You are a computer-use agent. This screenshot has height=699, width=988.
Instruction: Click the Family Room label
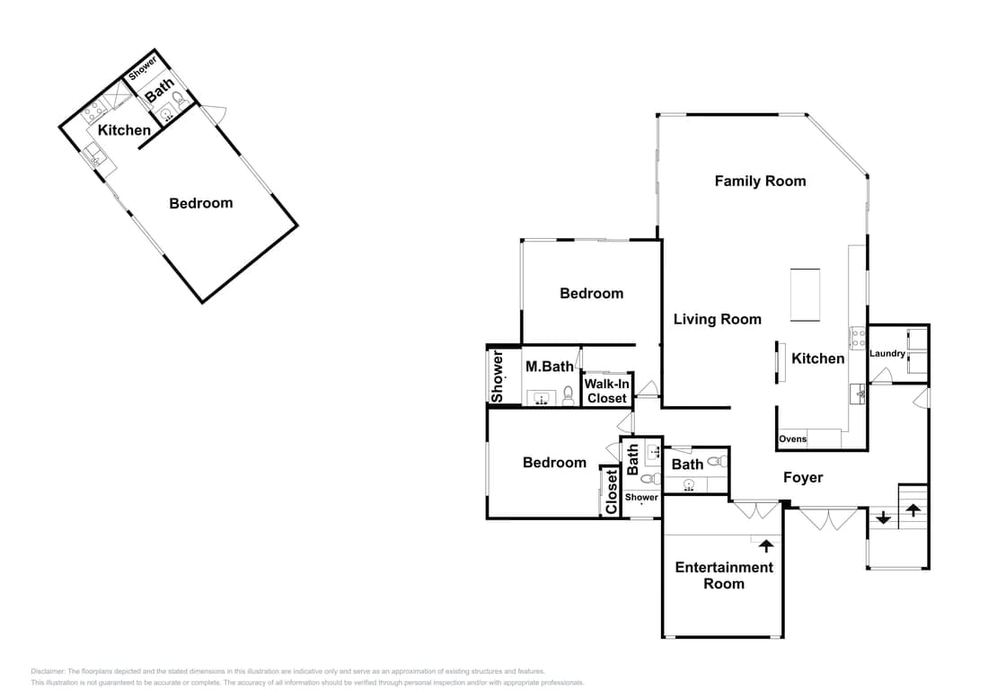click(x=760, y=181)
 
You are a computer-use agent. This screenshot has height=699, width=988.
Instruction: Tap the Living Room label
click(x=717, y=320)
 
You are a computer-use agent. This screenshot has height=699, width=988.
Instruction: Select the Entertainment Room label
click(x=724, y=575)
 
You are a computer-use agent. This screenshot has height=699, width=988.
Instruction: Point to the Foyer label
click(x=803, y=478)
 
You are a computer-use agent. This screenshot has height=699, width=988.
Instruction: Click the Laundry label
click(x=887, y=354)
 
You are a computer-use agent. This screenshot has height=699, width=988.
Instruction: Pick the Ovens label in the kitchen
click(x=793, y=439)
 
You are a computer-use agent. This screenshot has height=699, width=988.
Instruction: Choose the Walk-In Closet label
click(x=607, y=392)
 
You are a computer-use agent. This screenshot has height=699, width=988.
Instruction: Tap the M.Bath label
click(x=550, y=367)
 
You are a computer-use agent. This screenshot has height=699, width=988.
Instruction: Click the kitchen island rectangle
click(x=806, y=295)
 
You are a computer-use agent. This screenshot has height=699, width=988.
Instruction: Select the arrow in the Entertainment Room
click(x=766, y=545)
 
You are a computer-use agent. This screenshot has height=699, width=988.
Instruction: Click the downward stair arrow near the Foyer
click(x=884, y=518)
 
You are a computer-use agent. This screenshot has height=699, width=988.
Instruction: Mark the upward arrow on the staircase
click(x=913, y=510)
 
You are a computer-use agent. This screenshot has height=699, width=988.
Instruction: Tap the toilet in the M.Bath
click(x=568, y=395)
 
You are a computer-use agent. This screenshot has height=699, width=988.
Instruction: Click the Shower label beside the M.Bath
click(x=498, y=377)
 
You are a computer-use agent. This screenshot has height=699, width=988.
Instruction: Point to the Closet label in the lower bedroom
click(x=611, y=492)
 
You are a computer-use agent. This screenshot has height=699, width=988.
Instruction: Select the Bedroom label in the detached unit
click(x=201, y=203)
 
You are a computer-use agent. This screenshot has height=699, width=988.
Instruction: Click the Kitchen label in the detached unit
click(x=124, y=130)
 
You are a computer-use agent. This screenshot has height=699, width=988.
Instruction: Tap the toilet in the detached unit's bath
click(x=179, y=100)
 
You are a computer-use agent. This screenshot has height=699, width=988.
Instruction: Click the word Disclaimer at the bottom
click(x=48, y=671)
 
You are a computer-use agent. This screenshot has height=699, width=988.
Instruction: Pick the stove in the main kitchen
click(x=858, y=338)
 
